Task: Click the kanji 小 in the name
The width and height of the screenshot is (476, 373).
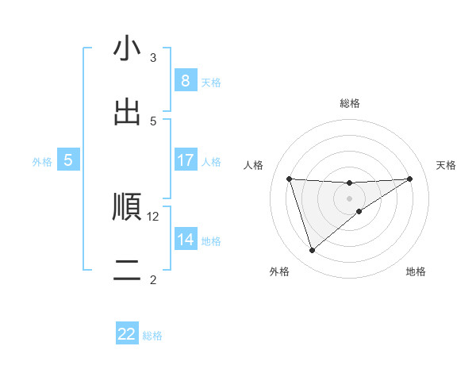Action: click(127, 49)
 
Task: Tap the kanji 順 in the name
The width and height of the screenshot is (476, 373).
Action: click(127, 206)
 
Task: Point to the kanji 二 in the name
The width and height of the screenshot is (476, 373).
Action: click(127, 270)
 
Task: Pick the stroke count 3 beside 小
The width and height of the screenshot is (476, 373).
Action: click(153, 57)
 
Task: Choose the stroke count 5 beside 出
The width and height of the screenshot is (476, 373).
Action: click(153, 121)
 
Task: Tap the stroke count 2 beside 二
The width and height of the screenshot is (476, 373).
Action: click(153, 279)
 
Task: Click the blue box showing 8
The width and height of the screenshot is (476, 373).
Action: click(185, 81)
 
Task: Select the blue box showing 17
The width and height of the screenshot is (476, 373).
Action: click(185, 160)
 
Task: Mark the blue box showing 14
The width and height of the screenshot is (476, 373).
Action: click(185, 240)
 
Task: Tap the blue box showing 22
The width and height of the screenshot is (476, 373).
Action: click(127, 334)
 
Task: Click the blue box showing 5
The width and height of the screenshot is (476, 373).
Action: click(68, 160)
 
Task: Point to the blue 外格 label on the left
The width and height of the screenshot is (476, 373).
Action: click(42, 161)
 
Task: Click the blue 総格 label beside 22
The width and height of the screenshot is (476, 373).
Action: click(152, 336)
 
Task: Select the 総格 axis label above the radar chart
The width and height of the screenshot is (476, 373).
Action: click(350, 103)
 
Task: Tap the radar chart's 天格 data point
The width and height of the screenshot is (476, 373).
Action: click(410, 179)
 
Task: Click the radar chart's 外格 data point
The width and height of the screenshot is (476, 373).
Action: click(312, 251)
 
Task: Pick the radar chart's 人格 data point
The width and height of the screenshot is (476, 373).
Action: click(289, 179)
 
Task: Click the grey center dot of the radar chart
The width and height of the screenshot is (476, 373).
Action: click(350, 198)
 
